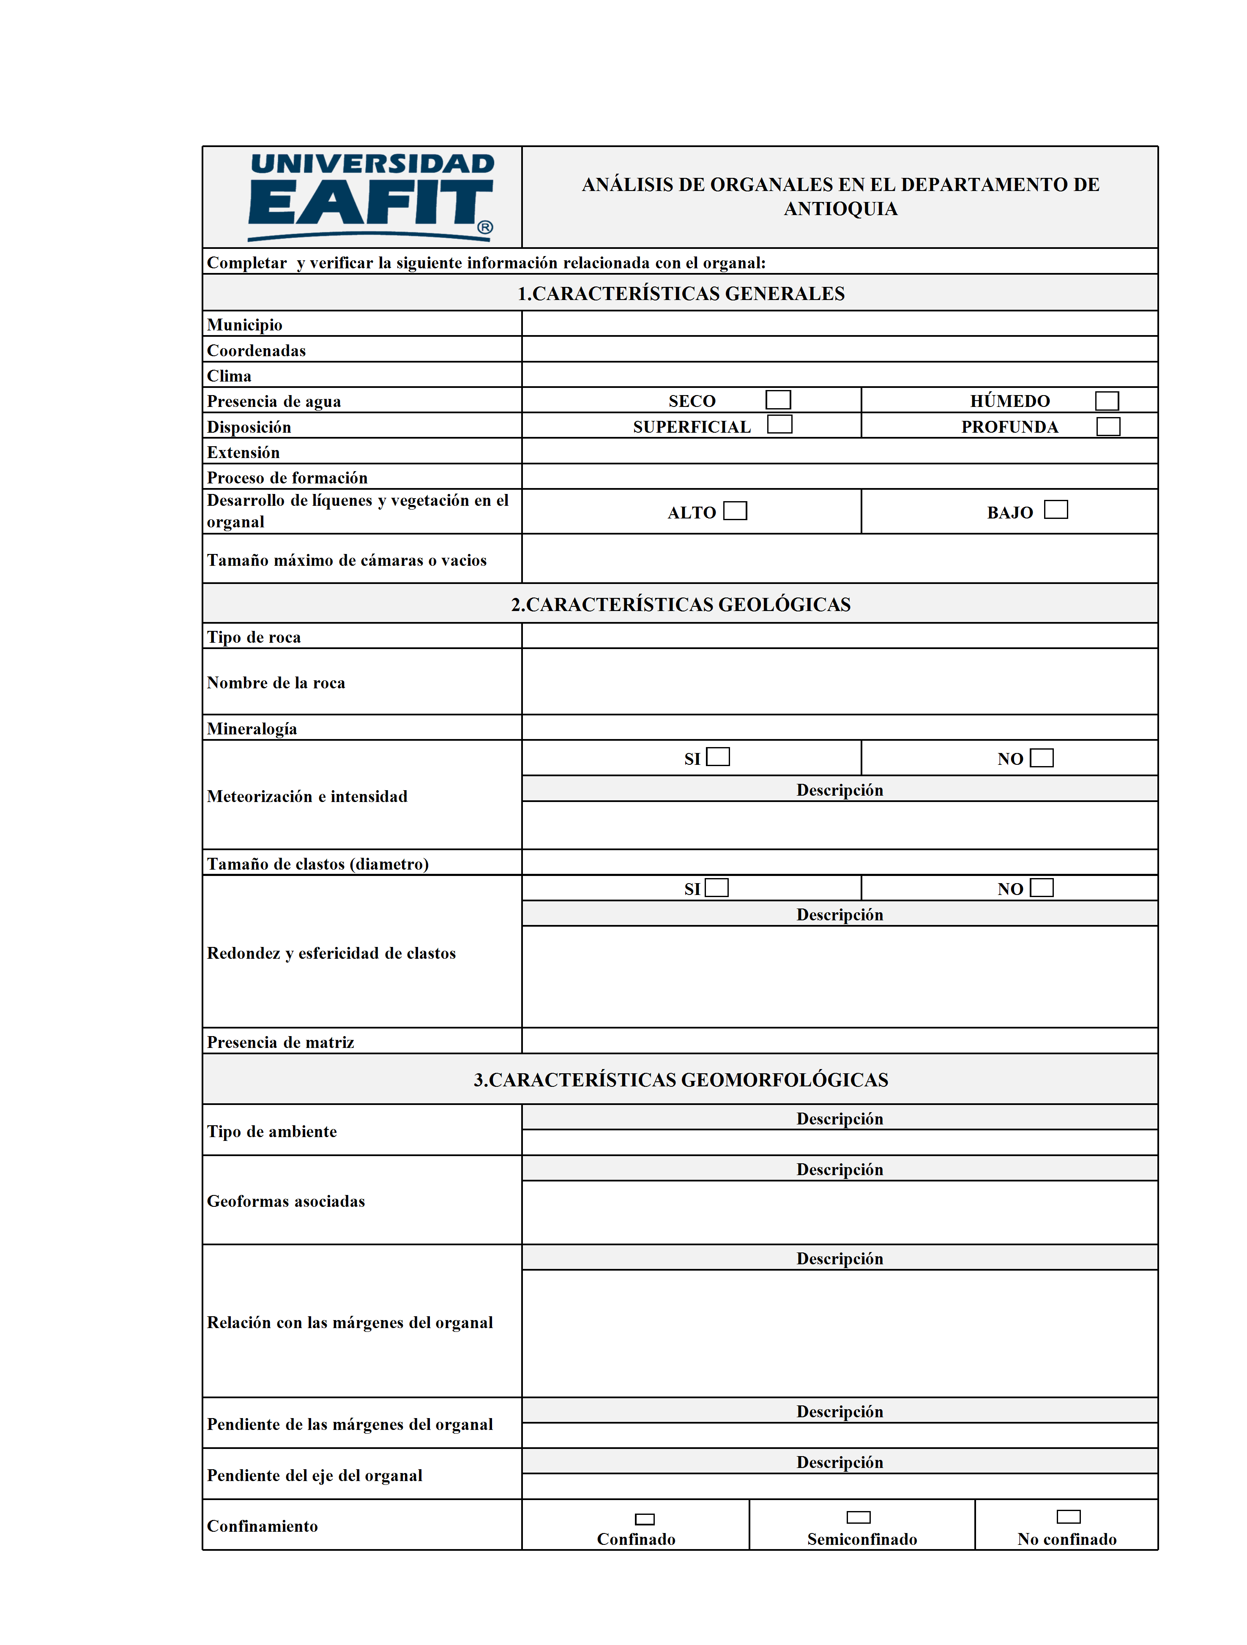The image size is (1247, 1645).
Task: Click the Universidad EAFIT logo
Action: (x=371, y=197)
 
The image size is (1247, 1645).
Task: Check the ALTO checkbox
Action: (x=735, y=511)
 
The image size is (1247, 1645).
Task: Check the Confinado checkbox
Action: (x=644, y=1520)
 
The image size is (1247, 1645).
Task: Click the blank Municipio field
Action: (x=839, y=324)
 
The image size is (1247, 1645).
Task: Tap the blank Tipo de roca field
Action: (x=839, y=636)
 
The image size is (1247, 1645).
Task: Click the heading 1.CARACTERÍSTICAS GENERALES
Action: (x=681, y=294)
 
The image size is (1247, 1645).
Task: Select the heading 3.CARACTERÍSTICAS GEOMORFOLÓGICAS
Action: (x=681, y=1080)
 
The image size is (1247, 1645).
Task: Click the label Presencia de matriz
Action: (x=281, y=1042)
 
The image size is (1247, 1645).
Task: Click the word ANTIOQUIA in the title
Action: (x=841, y=209)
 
